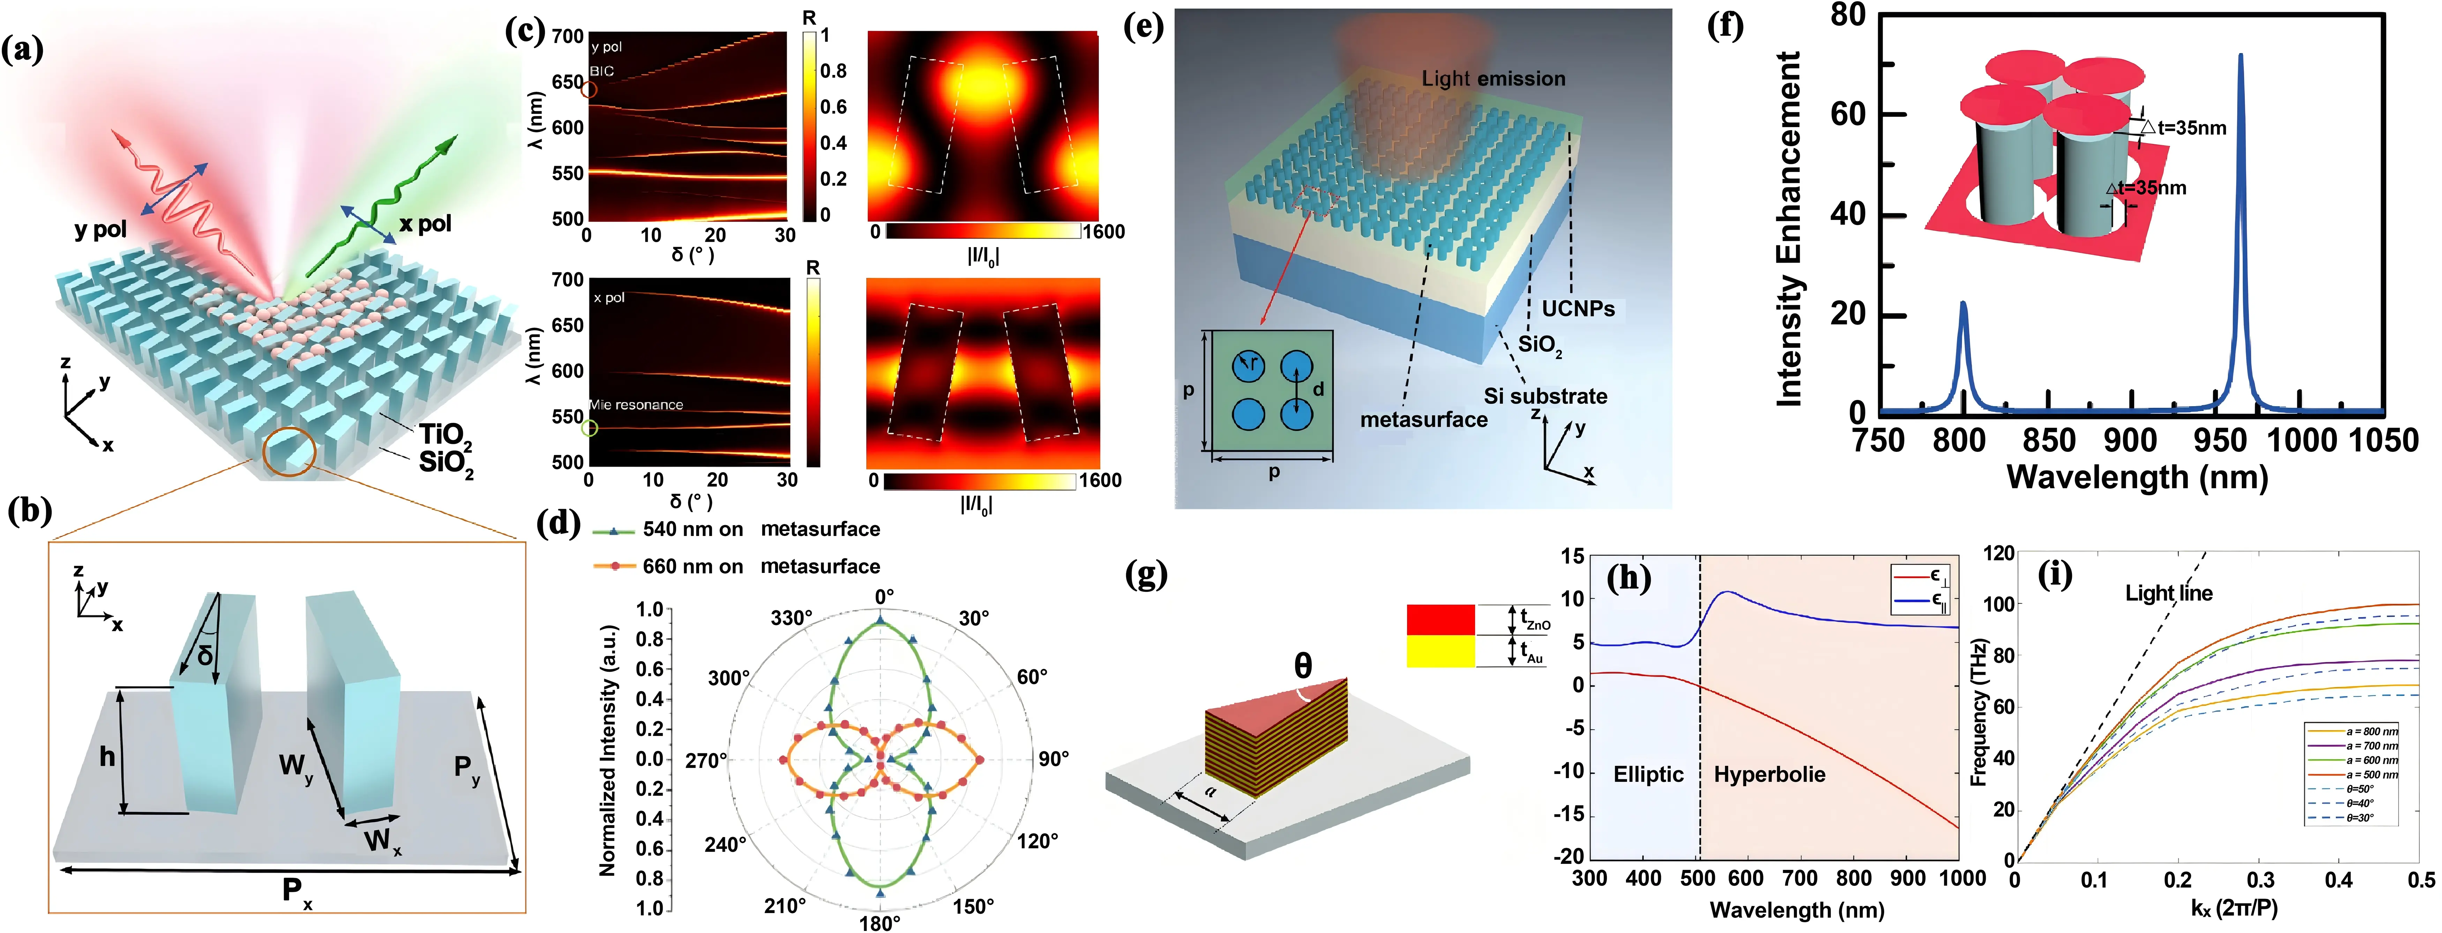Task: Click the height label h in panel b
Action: (x=107, y=756)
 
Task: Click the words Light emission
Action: (x=1493, y=79)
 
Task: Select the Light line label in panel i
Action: (x=2168, y=594)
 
